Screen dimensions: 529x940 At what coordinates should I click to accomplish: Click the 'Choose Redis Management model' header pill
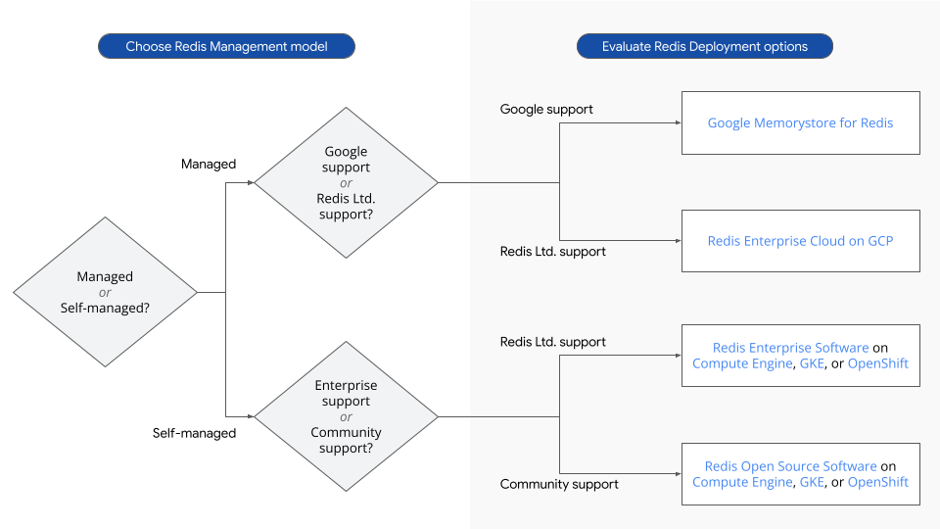226,46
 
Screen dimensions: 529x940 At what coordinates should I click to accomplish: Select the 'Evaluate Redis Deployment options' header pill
704,46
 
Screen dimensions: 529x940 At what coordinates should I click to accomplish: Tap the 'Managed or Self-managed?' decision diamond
105,292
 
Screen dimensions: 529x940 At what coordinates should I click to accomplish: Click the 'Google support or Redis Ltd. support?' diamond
346,182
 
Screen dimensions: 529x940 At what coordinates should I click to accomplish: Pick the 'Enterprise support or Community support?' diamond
346,416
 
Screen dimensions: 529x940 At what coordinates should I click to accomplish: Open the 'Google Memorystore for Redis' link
800,123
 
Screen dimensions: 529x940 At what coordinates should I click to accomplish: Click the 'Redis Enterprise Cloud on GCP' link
800,241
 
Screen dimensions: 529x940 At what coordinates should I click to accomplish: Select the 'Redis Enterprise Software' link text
790,348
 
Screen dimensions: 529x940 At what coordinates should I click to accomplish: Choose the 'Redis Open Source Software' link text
790,466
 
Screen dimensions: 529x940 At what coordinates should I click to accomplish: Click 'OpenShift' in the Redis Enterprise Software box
877,363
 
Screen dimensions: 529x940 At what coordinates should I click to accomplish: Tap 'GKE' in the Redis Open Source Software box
812,482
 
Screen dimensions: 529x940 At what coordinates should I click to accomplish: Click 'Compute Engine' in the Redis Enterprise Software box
741,363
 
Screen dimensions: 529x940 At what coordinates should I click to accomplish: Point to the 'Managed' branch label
209,164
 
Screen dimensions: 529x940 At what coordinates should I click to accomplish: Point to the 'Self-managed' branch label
194,433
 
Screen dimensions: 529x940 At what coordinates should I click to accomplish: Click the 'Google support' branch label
546,109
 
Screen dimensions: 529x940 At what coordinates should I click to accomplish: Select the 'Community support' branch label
559,484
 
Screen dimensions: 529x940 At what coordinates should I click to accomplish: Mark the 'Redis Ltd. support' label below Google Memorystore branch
552,252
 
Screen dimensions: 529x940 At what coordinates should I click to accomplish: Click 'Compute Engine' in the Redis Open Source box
741,482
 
